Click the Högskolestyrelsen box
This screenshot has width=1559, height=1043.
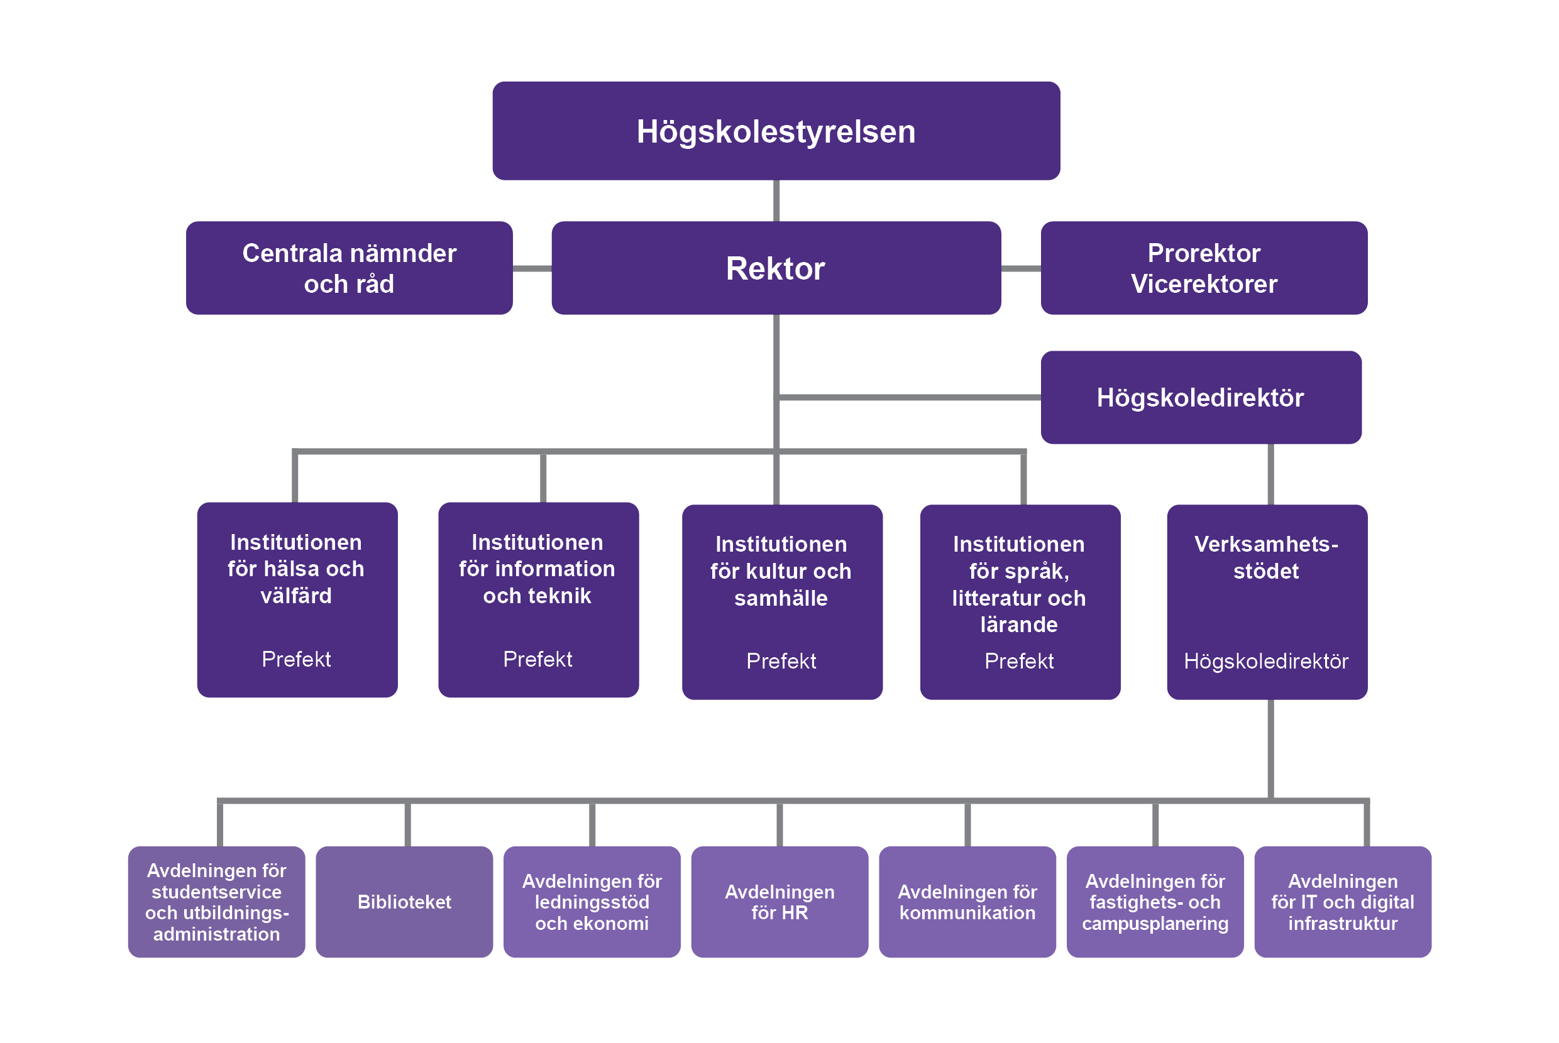[x=776, y=131]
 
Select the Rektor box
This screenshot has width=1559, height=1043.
[x=776, y=268]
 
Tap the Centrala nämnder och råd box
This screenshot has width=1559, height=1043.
[x=349, y=268]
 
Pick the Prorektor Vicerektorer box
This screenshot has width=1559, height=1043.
[x=1204, y=268]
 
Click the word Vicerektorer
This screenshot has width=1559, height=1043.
[x=1204, y=284]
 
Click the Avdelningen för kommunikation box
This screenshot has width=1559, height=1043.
[x=967, y=902]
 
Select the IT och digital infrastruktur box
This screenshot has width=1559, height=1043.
[x=1342, y=902]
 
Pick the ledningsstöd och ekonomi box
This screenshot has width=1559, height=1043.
[x=592, y=902]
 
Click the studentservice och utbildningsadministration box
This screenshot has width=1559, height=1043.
[x=216, y=902]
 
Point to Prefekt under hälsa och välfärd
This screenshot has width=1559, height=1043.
[x=296, y=659]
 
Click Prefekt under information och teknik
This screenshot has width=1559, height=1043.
[x=537, y=659]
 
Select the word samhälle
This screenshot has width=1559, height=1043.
[x=781, y=598]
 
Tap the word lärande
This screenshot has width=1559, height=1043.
[x=1019, y=625]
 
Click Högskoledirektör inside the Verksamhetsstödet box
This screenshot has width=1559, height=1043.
[x=1265, y=661]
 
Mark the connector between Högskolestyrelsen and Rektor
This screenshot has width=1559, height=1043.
[x=776, y=201]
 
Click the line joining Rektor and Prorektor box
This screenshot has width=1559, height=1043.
[x=1021, y=269]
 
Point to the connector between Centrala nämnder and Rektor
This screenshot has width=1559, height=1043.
[x=532, y=269]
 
